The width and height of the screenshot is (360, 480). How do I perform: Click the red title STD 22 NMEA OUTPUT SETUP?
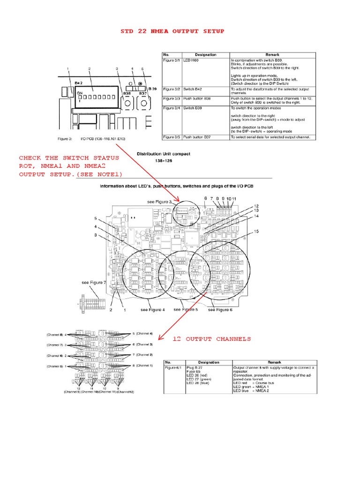(172, 31)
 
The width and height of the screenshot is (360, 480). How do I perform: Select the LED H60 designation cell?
(194, 61)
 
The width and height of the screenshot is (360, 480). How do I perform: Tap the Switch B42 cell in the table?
(195, 89)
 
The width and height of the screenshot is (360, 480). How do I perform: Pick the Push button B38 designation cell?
(201, 99)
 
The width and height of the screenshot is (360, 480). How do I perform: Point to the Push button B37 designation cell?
(201, 137)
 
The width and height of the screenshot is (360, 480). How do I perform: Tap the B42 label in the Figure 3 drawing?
(79, 82)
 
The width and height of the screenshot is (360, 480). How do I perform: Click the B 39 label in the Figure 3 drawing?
(152, 89)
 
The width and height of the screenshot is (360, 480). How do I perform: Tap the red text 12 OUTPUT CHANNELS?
(211, 339)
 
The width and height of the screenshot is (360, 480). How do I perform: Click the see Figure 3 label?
(160, 202)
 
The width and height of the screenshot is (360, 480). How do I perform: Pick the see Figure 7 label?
(94, 283)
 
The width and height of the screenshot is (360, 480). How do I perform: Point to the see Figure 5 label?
(186, 309)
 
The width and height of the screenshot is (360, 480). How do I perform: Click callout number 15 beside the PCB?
(256, 232)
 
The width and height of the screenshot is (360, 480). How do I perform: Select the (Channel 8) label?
(55, 335)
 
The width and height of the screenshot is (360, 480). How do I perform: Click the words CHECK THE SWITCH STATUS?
(69, 158)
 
